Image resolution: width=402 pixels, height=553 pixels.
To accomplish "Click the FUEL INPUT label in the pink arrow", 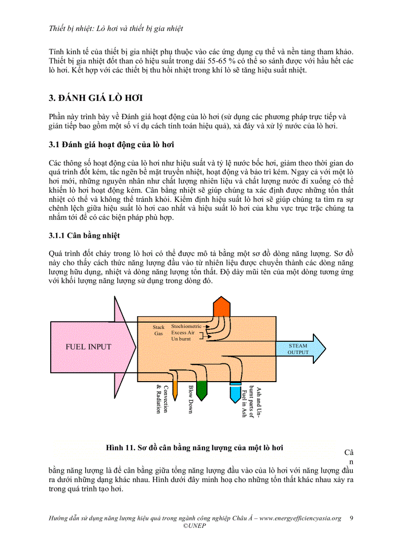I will [89, 347].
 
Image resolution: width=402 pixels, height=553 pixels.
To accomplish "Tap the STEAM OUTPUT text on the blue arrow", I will [298, 349].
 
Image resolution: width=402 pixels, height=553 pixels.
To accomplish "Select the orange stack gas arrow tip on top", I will [222, 306].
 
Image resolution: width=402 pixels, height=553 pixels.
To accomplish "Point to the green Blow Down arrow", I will [201, 390].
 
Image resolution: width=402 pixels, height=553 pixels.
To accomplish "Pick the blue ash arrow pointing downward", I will [235, 393].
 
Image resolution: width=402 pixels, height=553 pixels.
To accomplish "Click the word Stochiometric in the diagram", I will [186, 326].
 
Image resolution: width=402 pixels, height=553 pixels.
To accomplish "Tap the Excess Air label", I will [183, 333].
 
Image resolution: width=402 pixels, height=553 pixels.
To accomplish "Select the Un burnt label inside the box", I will [181, 339].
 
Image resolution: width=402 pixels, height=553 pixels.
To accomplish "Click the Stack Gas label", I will [158, 330].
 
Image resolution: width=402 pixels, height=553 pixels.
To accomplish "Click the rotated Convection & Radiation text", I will [162, 399].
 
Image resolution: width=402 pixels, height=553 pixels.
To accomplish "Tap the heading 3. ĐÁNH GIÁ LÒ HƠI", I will [96, 98].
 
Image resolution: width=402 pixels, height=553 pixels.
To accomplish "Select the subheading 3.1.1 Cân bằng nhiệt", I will [84, 235].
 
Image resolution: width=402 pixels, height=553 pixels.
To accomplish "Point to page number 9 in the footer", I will [351, 518].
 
